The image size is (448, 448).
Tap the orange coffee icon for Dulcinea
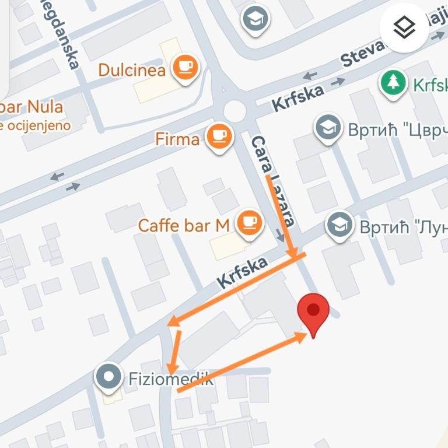coord(185,67)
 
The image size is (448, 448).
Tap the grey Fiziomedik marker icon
coord(108,377)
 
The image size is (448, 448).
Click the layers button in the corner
coord(404,27)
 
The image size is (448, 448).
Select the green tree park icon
coord(394,83)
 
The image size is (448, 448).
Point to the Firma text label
coord(177,139)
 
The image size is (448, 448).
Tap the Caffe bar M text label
coord(184,226)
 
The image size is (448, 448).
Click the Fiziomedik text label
coord(170,380)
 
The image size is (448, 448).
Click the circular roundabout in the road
coord(235,110)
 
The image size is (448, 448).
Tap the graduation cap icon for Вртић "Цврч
coord(328,128)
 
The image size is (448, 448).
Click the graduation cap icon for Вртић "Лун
coord(339,225)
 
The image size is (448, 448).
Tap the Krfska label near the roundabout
coord(297,97)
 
